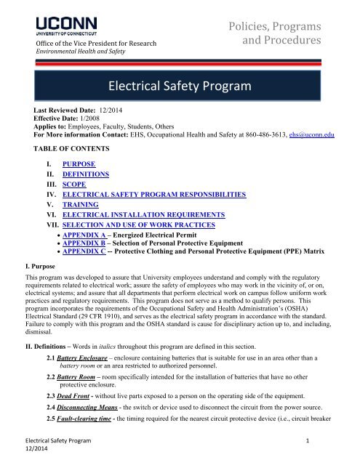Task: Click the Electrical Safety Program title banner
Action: (x=180, y=89)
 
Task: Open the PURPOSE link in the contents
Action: (x=80, y=155)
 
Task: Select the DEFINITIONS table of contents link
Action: (x=87, y=165)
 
